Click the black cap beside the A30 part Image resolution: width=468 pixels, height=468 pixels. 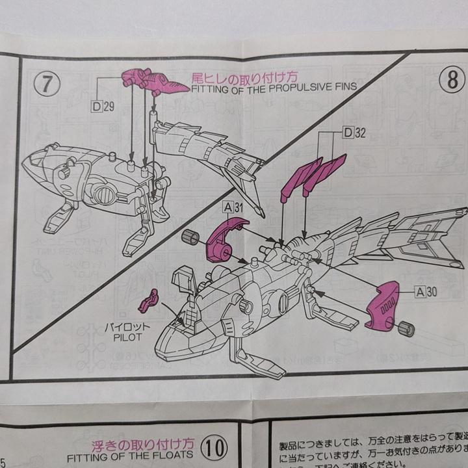pos(406,328)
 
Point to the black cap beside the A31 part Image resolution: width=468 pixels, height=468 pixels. pos(190,237)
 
